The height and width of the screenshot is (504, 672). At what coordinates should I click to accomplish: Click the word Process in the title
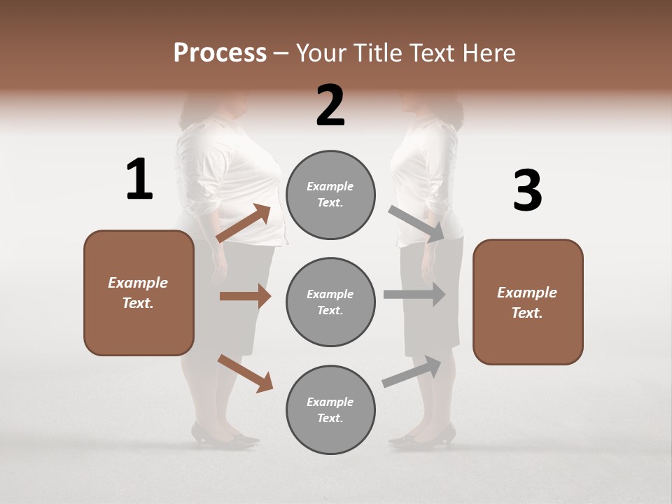click(x=220, y=53)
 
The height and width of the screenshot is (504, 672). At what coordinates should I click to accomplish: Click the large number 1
click(x=139, y=180)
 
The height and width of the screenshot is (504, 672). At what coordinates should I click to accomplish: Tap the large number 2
click(x=330, y=106)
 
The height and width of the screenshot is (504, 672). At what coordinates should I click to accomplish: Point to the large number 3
click(x=527, y=191)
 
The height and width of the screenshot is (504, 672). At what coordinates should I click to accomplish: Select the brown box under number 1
click(x=139, y=293)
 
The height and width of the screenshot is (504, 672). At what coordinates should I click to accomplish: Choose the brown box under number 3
click(x=528, y=302)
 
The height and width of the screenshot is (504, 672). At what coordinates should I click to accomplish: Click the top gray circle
click(x=330, y=195)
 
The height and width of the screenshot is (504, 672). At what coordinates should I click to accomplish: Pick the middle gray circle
click(x=330, y=302)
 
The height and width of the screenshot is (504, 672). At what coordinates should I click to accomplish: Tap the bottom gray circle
click(x=330, y=409)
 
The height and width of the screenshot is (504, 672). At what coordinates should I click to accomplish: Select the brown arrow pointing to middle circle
click(x=245, y=296)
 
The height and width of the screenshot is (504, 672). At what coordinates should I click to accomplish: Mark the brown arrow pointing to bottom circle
click(x=245, y=372)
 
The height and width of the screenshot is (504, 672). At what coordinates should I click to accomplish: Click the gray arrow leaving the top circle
click(x=417, y=225)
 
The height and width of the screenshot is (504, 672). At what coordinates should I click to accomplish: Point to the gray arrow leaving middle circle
click(x=414, y=295)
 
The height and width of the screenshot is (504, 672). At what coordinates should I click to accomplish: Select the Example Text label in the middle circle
click(x=330, y=302)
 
